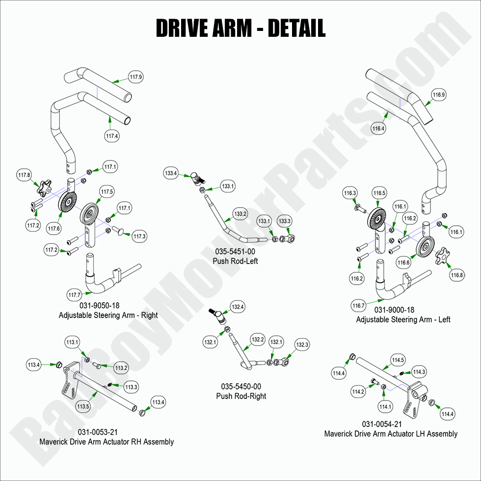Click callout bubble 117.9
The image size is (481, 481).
coord(135,77)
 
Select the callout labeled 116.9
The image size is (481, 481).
coord(438,95)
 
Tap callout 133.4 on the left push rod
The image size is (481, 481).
coord(171,173)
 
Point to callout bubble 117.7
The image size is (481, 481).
coord(74,295)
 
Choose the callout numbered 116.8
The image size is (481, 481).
coord(457,275)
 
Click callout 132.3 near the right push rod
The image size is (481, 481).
coord(302,345)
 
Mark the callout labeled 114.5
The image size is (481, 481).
coord(398,360)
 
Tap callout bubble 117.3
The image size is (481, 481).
coord(139,237)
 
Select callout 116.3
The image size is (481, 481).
coord(350,193)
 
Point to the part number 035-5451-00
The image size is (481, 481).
coord(235,251)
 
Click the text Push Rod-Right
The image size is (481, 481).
coord(241,396)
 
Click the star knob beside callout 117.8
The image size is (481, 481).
coord(47,187)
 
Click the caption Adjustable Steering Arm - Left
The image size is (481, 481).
coord(403,320)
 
